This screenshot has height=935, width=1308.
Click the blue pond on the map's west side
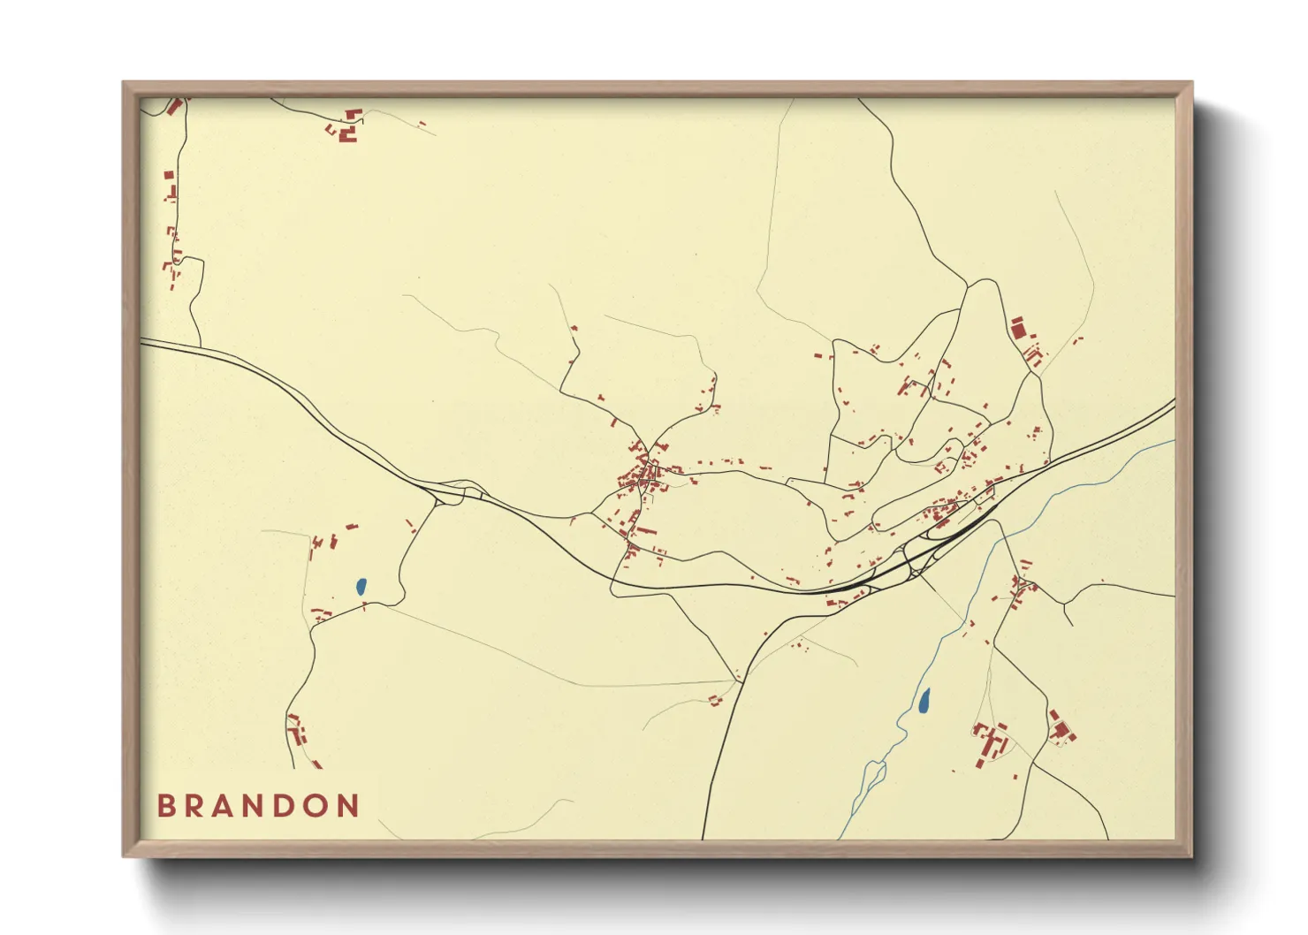click(361, 585)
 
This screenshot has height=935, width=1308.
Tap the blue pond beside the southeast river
click(924, 701)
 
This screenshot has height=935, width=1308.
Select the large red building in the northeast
click(1018, 328)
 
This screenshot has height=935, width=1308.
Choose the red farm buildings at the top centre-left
click(348, 128)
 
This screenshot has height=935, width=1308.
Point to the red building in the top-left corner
click(173, 107)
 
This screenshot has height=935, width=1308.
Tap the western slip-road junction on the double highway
click(452, 490)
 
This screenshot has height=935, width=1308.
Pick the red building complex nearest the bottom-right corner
click(1061, 728)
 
